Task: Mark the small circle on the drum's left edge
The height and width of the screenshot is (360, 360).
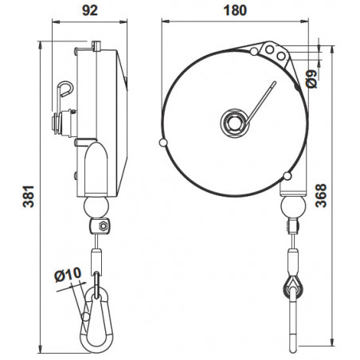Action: pos(163,143)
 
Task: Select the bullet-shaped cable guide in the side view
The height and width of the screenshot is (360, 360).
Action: pos(95,168)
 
